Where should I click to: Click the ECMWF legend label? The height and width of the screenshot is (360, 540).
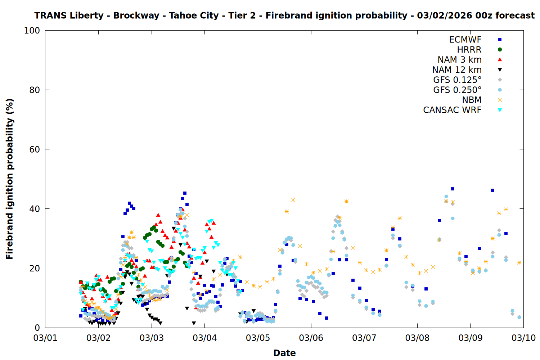pyautogui.click(x=465, y=40)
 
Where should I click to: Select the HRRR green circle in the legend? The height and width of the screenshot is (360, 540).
pyautogui.click(x=500, y=50)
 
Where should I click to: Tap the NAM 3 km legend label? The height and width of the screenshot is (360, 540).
pyautogui.click(x=459, y=60)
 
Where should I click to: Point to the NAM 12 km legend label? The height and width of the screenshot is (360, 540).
pyautogui.click(x=457, y=70)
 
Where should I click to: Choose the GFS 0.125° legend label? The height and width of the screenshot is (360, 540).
pyautogui.click(x=457, y=80)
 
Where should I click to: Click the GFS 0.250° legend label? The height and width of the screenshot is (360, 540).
pyautogui.click(x=457, y=90)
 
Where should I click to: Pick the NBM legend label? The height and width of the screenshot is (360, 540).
pyautogui.click(x=472, y=100)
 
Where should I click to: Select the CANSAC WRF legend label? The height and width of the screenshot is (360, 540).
pyautogui.click(x=452, y=110)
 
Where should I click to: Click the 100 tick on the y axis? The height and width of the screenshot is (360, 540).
pyautogui.click(x=32, y=31)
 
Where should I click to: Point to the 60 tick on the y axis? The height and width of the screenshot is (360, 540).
pyautogui.click(x=35, y=149)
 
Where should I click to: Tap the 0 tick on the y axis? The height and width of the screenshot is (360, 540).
pyautogui.click(x=37, y=328)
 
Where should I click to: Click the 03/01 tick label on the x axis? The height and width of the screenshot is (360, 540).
pyautogui.click(x=45, y=338)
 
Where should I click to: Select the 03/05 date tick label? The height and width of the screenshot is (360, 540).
pyautogui.click(x=258, y=338)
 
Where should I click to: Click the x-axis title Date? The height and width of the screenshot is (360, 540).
pyautogui.click(x=284, y=353)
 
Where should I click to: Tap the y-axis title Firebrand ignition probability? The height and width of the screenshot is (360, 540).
pyautogui.click(x=10, y=179)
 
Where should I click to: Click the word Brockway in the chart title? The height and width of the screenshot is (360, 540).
pyautogui.click(x=136, y=16)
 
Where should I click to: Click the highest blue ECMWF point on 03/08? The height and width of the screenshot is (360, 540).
pyautogui.click(x=453, y=189)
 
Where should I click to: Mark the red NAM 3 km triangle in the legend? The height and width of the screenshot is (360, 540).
pyautogui.click(x=500, y=59)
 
